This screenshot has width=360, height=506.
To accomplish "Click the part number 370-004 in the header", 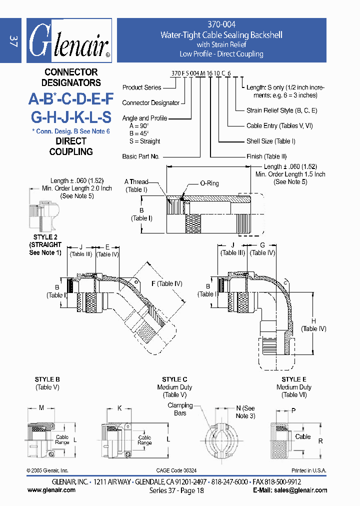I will [221, 24].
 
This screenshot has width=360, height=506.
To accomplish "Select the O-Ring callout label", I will [209, 183].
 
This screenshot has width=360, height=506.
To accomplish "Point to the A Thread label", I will [136, 182].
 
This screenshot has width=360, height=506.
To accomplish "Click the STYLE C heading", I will [174, 379].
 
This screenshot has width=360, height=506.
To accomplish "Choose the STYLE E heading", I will [293, 379].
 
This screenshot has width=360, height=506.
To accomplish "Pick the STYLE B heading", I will [47, 379].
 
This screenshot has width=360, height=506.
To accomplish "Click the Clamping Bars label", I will [180, 409].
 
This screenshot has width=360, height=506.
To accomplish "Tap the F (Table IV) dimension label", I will [169, 284].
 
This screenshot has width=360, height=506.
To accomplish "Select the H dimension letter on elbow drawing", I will [313, 321].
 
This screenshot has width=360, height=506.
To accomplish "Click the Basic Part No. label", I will [140, 156].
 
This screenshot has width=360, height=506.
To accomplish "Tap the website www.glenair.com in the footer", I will [51, 490].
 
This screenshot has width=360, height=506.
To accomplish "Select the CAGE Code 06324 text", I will [176, 470].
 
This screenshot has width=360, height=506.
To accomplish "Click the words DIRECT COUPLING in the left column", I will [71, 146].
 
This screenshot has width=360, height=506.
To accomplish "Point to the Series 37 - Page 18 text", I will [176, 490].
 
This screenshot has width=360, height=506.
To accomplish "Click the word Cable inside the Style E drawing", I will [302, 436].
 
